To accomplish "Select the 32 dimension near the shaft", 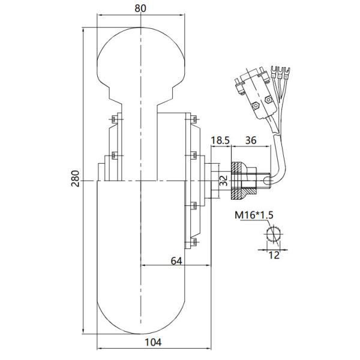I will [223, 180].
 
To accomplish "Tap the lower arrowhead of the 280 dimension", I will [83, 334].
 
